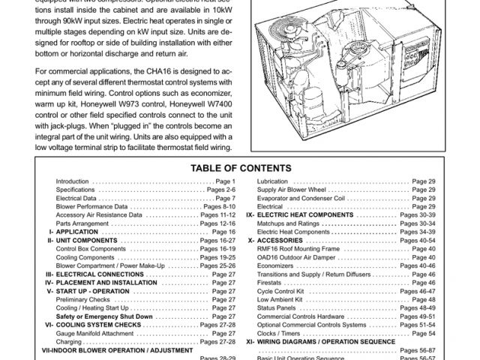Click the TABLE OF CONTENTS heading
(x=239, y=168)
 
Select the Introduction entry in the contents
(x=72, y=182)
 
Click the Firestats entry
(x=270, y=283)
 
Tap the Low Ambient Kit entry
(x=279, y=299)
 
